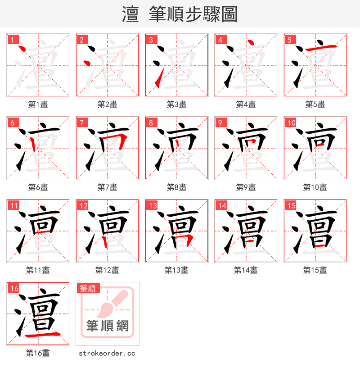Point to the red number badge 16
click(14, 289)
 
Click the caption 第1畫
click(38, 104)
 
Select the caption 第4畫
click(246, 104)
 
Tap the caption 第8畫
click(177, 187)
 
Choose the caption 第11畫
click(38, 270)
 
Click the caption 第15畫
click(315, 270)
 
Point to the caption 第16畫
click(38, 353)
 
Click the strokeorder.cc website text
click(107, 354)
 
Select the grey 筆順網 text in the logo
click(108, 326)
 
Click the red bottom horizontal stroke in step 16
click(42, 335)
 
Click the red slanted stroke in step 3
click(157, 82)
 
